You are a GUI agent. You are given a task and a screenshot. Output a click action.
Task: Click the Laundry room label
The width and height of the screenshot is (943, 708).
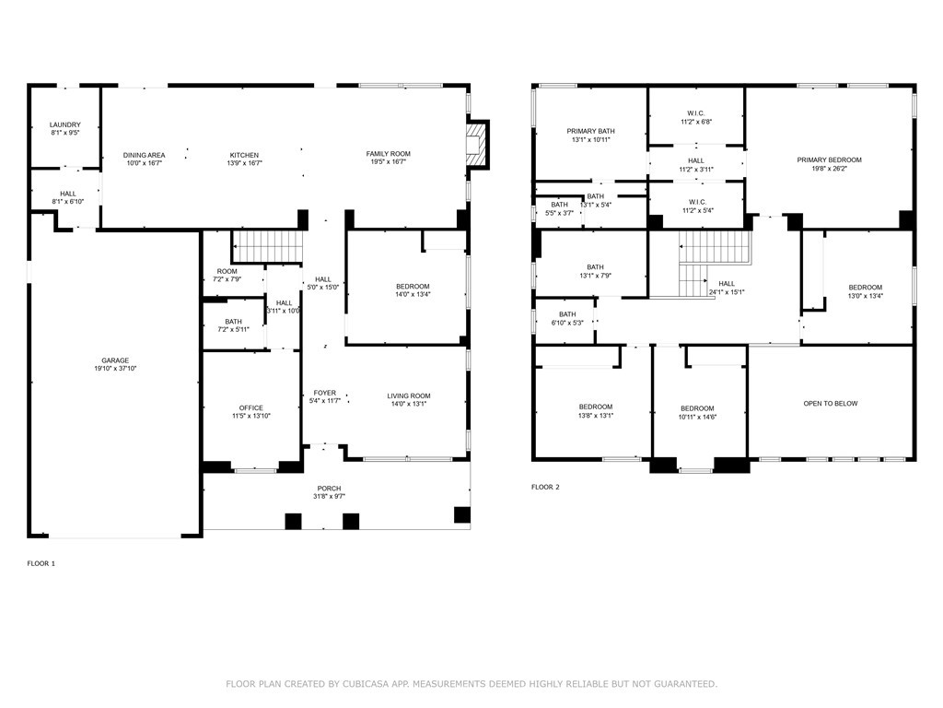pyautogui.click(x=65, y=124)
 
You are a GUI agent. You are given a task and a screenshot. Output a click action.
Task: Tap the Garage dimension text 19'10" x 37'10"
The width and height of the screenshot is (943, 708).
pyautogui.click(x=115, y=369)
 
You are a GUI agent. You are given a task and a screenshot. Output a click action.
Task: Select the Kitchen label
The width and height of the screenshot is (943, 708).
pyautogui.click(x=244, y=155)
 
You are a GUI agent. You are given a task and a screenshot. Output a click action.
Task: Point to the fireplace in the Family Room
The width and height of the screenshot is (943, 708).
pyautogui.click(x=475, y=145)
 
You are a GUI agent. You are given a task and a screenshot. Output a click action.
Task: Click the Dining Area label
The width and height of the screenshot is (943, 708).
pyautogui.click(x=144, y=155)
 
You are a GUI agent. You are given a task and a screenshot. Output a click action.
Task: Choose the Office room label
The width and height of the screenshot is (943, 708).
pyautogui.click(x=250, y=407)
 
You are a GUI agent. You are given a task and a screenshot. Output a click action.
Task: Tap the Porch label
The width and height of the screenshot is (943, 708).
pyautogui.click(x=329, y=489)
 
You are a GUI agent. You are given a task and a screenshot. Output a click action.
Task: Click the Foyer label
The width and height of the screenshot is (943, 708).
pyautogui.click(x=325, y=393)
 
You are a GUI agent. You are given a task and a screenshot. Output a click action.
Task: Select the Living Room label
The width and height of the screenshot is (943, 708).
pyautogui.click(x=408, y=395)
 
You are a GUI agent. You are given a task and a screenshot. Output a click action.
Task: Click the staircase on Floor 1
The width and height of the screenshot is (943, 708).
pyautogui.click(x=267, y=246)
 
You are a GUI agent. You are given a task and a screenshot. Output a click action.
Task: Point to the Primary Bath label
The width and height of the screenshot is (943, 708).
pyautogui.click(x=590, y=131)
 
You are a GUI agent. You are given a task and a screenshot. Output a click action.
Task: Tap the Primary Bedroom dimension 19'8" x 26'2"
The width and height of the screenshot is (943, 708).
pyautogui.click(x=830, y=169)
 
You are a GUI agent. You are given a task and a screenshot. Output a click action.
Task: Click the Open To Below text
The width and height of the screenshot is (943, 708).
pyautogui.click(x=831, y=404)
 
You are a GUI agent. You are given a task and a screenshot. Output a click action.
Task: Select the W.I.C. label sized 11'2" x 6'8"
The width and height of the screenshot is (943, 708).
pyautogui.click(x=696, y=113)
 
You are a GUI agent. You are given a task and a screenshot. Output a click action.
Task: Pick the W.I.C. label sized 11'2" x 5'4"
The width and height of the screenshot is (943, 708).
pyautogui.click(x=698, y=202)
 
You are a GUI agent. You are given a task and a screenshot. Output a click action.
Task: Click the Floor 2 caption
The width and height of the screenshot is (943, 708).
pyautogui.click(x=545, y=487)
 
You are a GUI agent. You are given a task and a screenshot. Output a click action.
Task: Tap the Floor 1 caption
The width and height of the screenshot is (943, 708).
pyautogui.click(x=41, y=563)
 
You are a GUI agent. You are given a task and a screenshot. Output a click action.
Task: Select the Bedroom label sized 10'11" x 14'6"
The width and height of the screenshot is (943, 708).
pyautogui.click(x=698, y=408)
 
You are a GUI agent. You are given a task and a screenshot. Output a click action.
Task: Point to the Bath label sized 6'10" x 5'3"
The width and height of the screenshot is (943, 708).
pyautogui.click(x=567, y=314)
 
